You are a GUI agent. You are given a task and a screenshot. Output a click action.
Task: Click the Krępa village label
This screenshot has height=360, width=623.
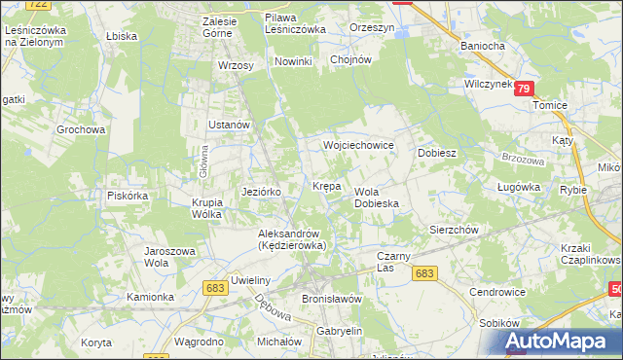[x=326, y=185]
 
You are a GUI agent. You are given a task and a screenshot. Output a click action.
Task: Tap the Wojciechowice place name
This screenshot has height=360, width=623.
[x=358, y=145]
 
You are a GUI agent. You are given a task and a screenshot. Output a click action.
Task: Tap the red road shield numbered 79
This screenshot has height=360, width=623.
[x=525, y=89]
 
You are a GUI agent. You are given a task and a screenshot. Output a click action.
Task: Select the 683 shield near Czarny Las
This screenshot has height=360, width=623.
[x=423, y=274]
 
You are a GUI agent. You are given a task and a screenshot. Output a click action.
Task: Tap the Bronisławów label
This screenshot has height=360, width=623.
[x=332, y=299]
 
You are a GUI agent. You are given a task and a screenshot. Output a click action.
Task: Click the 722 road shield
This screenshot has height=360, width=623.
[x=38, y=5]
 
